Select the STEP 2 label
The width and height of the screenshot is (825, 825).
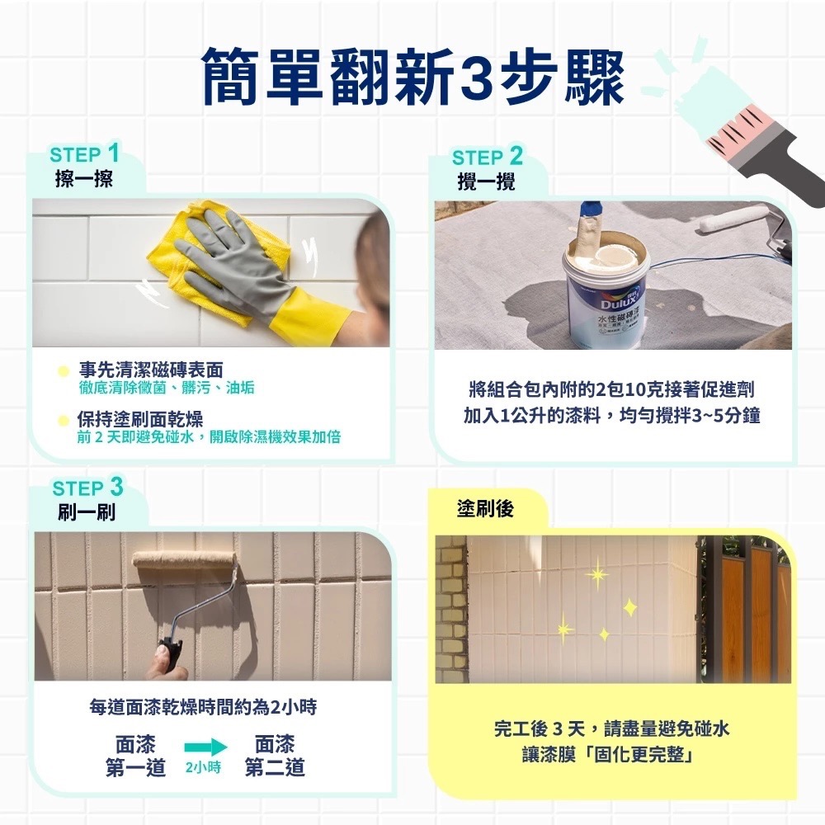coord(488,157)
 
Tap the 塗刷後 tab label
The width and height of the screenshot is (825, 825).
coord(485,509)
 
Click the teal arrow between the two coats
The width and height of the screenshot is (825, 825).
coord(205,747)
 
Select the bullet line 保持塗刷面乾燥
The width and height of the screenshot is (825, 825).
coord(140,419)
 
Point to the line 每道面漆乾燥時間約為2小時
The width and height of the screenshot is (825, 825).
coord(203,707)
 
